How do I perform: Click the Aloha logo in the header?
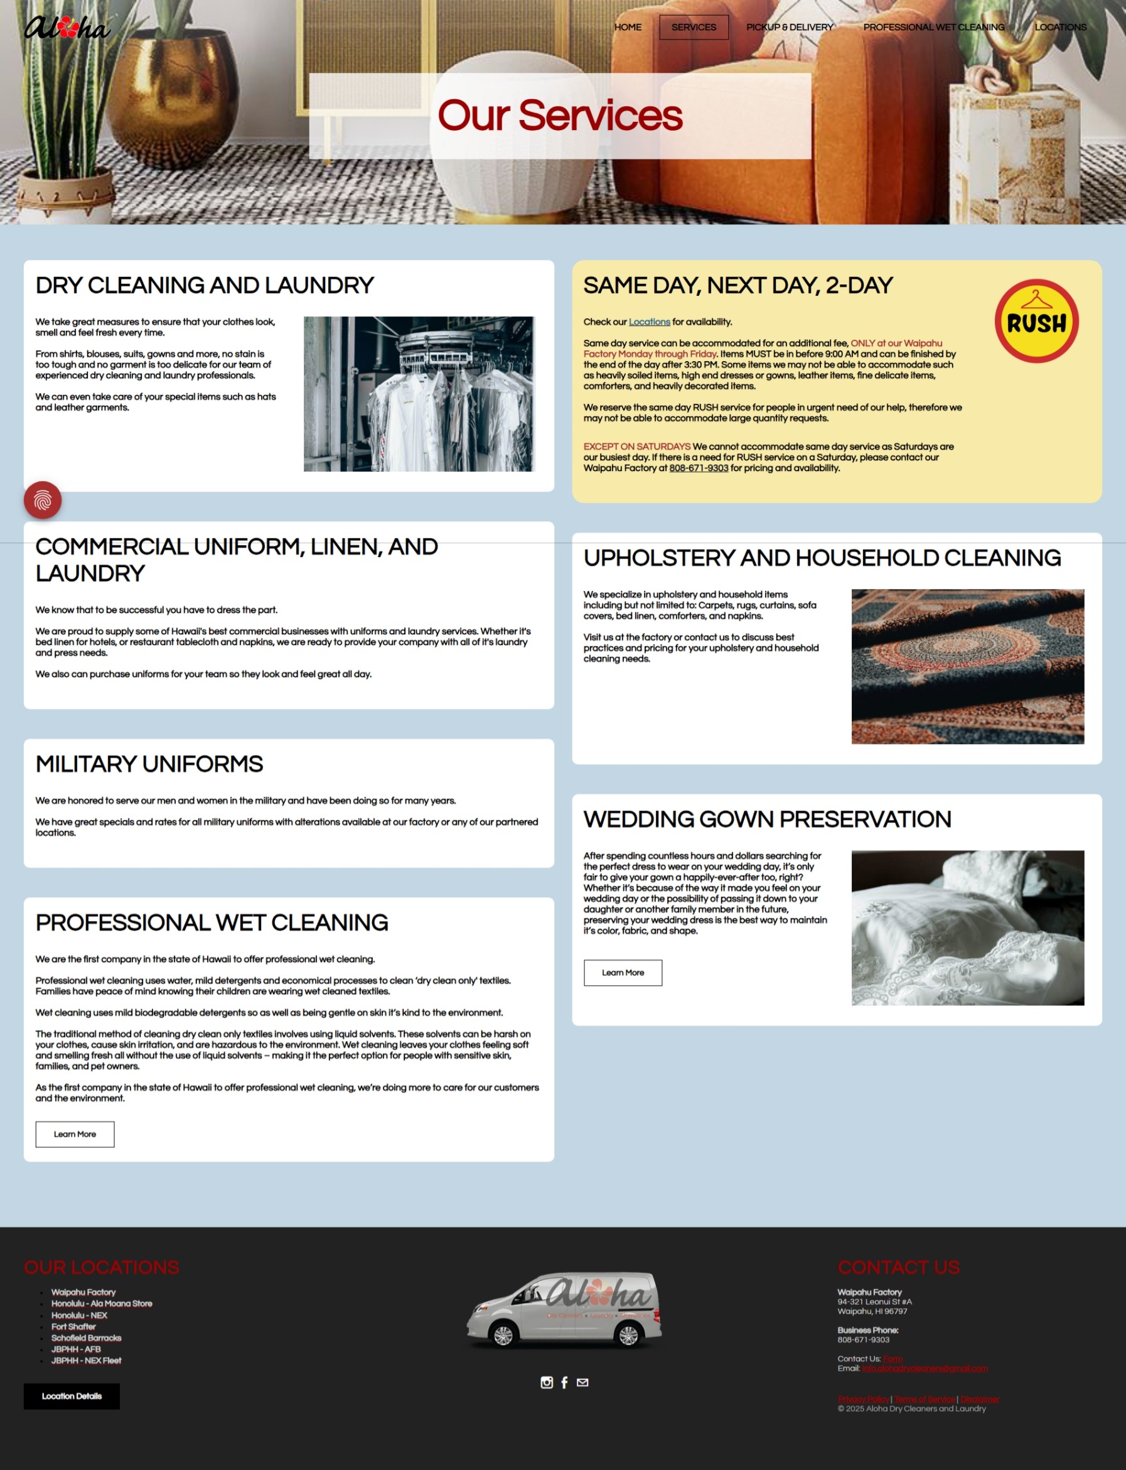(67, 28)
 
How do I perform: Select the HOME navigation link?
(628, 28)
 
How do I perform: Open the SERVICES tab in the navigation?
(694, 28)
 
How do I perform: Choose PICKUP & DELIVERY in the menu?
(790, 28)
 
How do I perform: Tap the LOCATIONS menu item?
(1060, 28)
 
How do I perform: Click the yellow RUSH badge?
(1036, 322)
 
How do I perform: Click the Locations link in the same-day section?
(649, 322)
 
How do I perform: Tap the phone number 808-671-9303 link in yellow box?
(699, 468)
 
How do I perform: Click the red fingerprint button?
(43, 500)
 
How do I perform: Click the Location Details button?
(72, 1397)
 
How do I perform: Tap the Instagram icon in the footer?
(547, 1382)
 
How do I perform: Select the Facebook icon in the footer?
(564, 1382)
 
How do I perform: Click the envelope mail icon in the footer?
(582, 1382)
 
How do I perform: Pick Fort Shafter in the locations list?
(73, 1326)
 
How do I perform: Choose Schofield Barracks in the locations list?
(87, 1338)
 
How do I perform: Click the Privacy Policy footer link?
(863, 1399)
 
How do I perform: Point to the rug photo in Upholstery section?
(967, 667)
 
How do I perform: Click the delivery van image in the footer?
(564, 1311)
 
